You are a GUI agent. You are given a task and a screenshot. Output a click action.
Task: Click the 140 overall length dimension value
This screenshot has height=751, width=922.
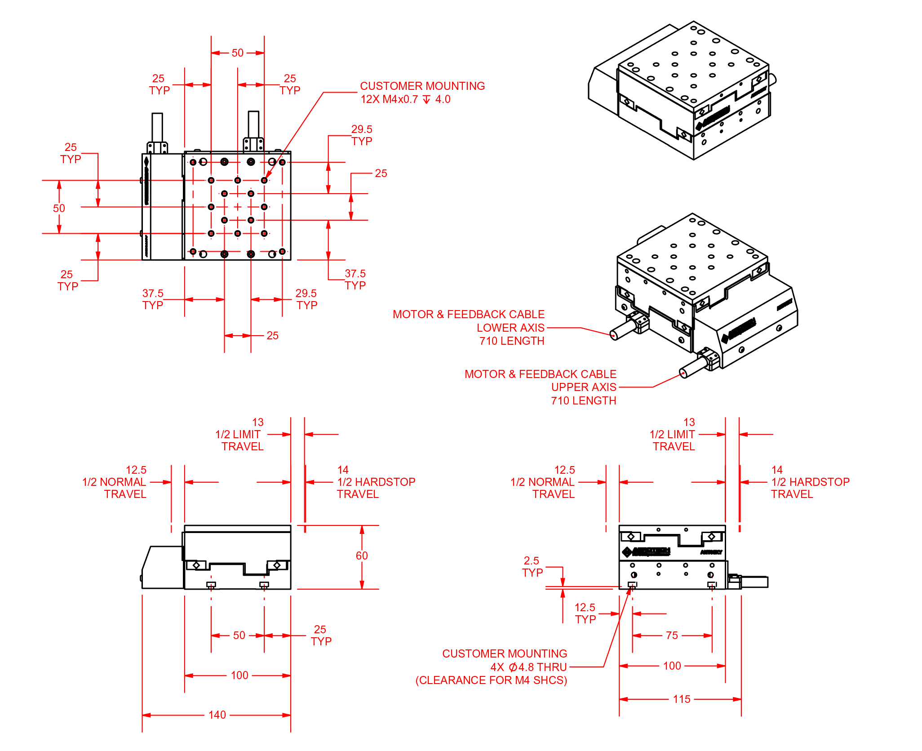pyautogui.click(x=217, y=715)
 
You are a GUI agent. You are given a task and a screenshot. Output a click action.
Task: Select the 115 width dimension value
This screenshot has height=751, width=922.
pyautogui.click(x=681, y=699)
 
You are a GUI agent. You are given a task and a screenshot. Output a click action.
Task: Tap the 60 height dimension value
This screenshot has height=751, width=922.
pyautogui.click(x=362, y=556)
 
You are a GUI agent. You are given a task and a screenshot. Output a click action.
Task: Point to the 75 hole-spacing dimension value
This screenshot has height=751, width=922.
pyautogui.click(x=672, y=635)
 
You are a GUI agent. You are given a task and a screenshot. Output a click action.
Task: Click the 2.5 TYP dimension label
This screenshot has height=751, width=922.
pyautogui.click(x=532, y=567)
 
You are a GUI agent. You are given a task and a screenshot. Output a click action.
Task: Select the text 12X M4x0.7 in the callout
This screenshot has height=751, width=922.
pyautogui.click(x=389, y=99)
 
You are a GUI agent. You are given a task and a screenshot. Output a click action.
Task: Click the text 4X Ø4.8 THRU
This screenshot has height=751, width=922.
pyautogui.click(x=528, y=667)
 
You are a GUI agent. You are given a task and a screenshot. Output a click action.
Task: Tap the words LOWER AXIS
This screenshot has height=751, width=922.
pyautogui.click(x=510, y=328)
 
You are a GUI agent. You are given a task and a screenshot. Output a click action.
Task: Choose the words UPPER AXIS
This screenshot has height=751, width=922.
pyautogui.click(x=583, y=387)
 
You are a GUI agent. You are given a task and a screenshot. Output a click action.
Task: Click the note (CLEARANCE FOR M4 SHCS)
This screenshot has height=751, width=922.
pyautogui.click(x=491, y=680)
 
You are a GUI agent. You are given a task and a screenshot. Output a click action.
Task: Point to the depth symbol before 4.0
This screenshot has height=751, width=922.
pyautogui.click(x=426, y=99)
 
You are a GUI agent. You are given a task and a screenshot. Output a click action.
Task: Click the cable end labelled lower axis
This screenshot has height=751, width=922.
pyautogui.click(x=614, y=335)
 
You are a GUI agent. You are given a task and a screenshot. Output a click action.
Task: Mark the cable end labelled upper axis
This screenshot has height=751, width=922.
pyautogui.click(x=683, y=373)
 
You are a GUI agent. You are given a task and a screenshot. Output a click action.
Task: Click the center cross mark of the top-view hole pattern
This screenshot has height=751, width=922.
pyautogui.click(x=238, y=207)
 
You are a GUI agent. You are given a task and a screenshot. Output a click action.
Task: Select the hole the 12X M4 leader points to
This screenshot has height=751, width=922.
pyautogui.click(x=264, y=180)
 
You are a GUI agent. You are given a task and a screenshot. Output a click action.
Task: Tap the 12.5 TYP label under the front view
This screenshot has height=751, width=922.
pyautogui.click(x=585, y=613)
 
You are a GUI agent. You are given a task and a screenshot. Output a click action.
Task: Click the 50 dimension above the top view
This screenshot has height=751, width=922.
pyautogui.click(x=237, y=53)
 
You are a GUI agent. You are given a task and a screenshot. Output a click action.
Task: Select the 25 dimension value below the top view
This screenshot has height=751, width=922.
pyautogui.click(x=272, y=336)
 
